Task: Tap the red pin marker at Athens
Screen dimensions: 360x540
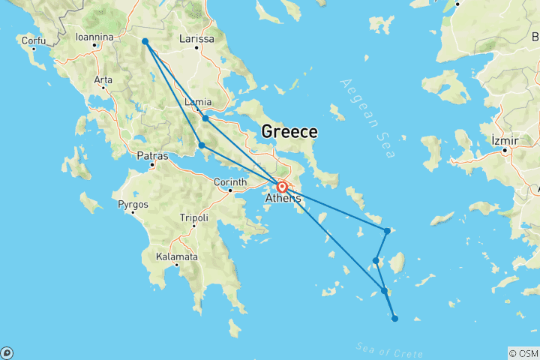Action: click(282, 187)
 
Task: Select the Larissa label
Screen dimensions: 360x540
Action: click(197, 39)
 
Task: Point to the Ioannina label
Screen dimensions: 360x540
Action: click(94, 36)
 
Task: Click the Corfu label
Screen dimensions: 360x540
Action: click(34, 40)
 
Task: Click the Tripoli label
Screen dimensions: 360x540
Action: click(193, 217)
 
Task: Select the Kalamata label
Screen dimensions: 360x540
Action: click(176, 256)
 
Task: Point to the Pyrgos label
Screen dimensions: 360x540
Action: click(133, 204)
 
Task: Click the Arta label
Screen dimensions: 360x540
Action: click(103, 79)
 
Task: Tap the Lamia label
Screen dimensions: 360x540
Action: click(198, 102)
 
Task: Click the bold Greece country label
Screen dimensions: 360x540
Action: click(289, 132)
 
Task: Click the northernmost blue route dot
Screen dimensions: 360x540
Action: click(145, 41)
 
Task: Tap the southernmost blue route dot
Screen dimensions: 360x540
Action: click(395, 318)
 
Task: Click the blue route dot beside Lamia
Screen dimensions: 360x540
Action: click(205, 118)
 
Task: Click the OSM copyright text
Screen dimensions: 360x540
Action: click(523, 353)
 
